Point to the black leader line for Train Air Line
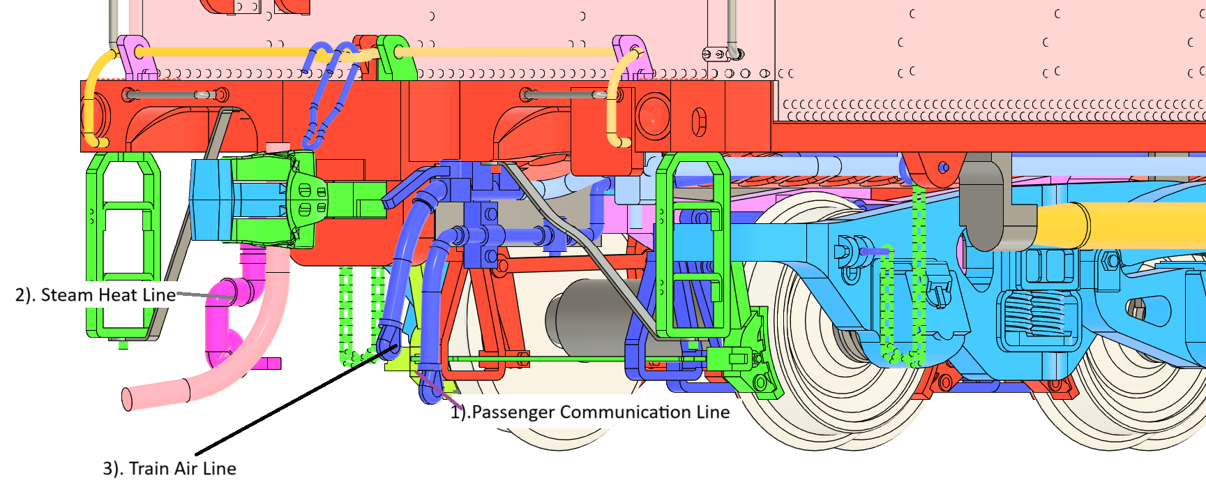[293, 401]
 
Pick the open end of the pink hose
[127, 398]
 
